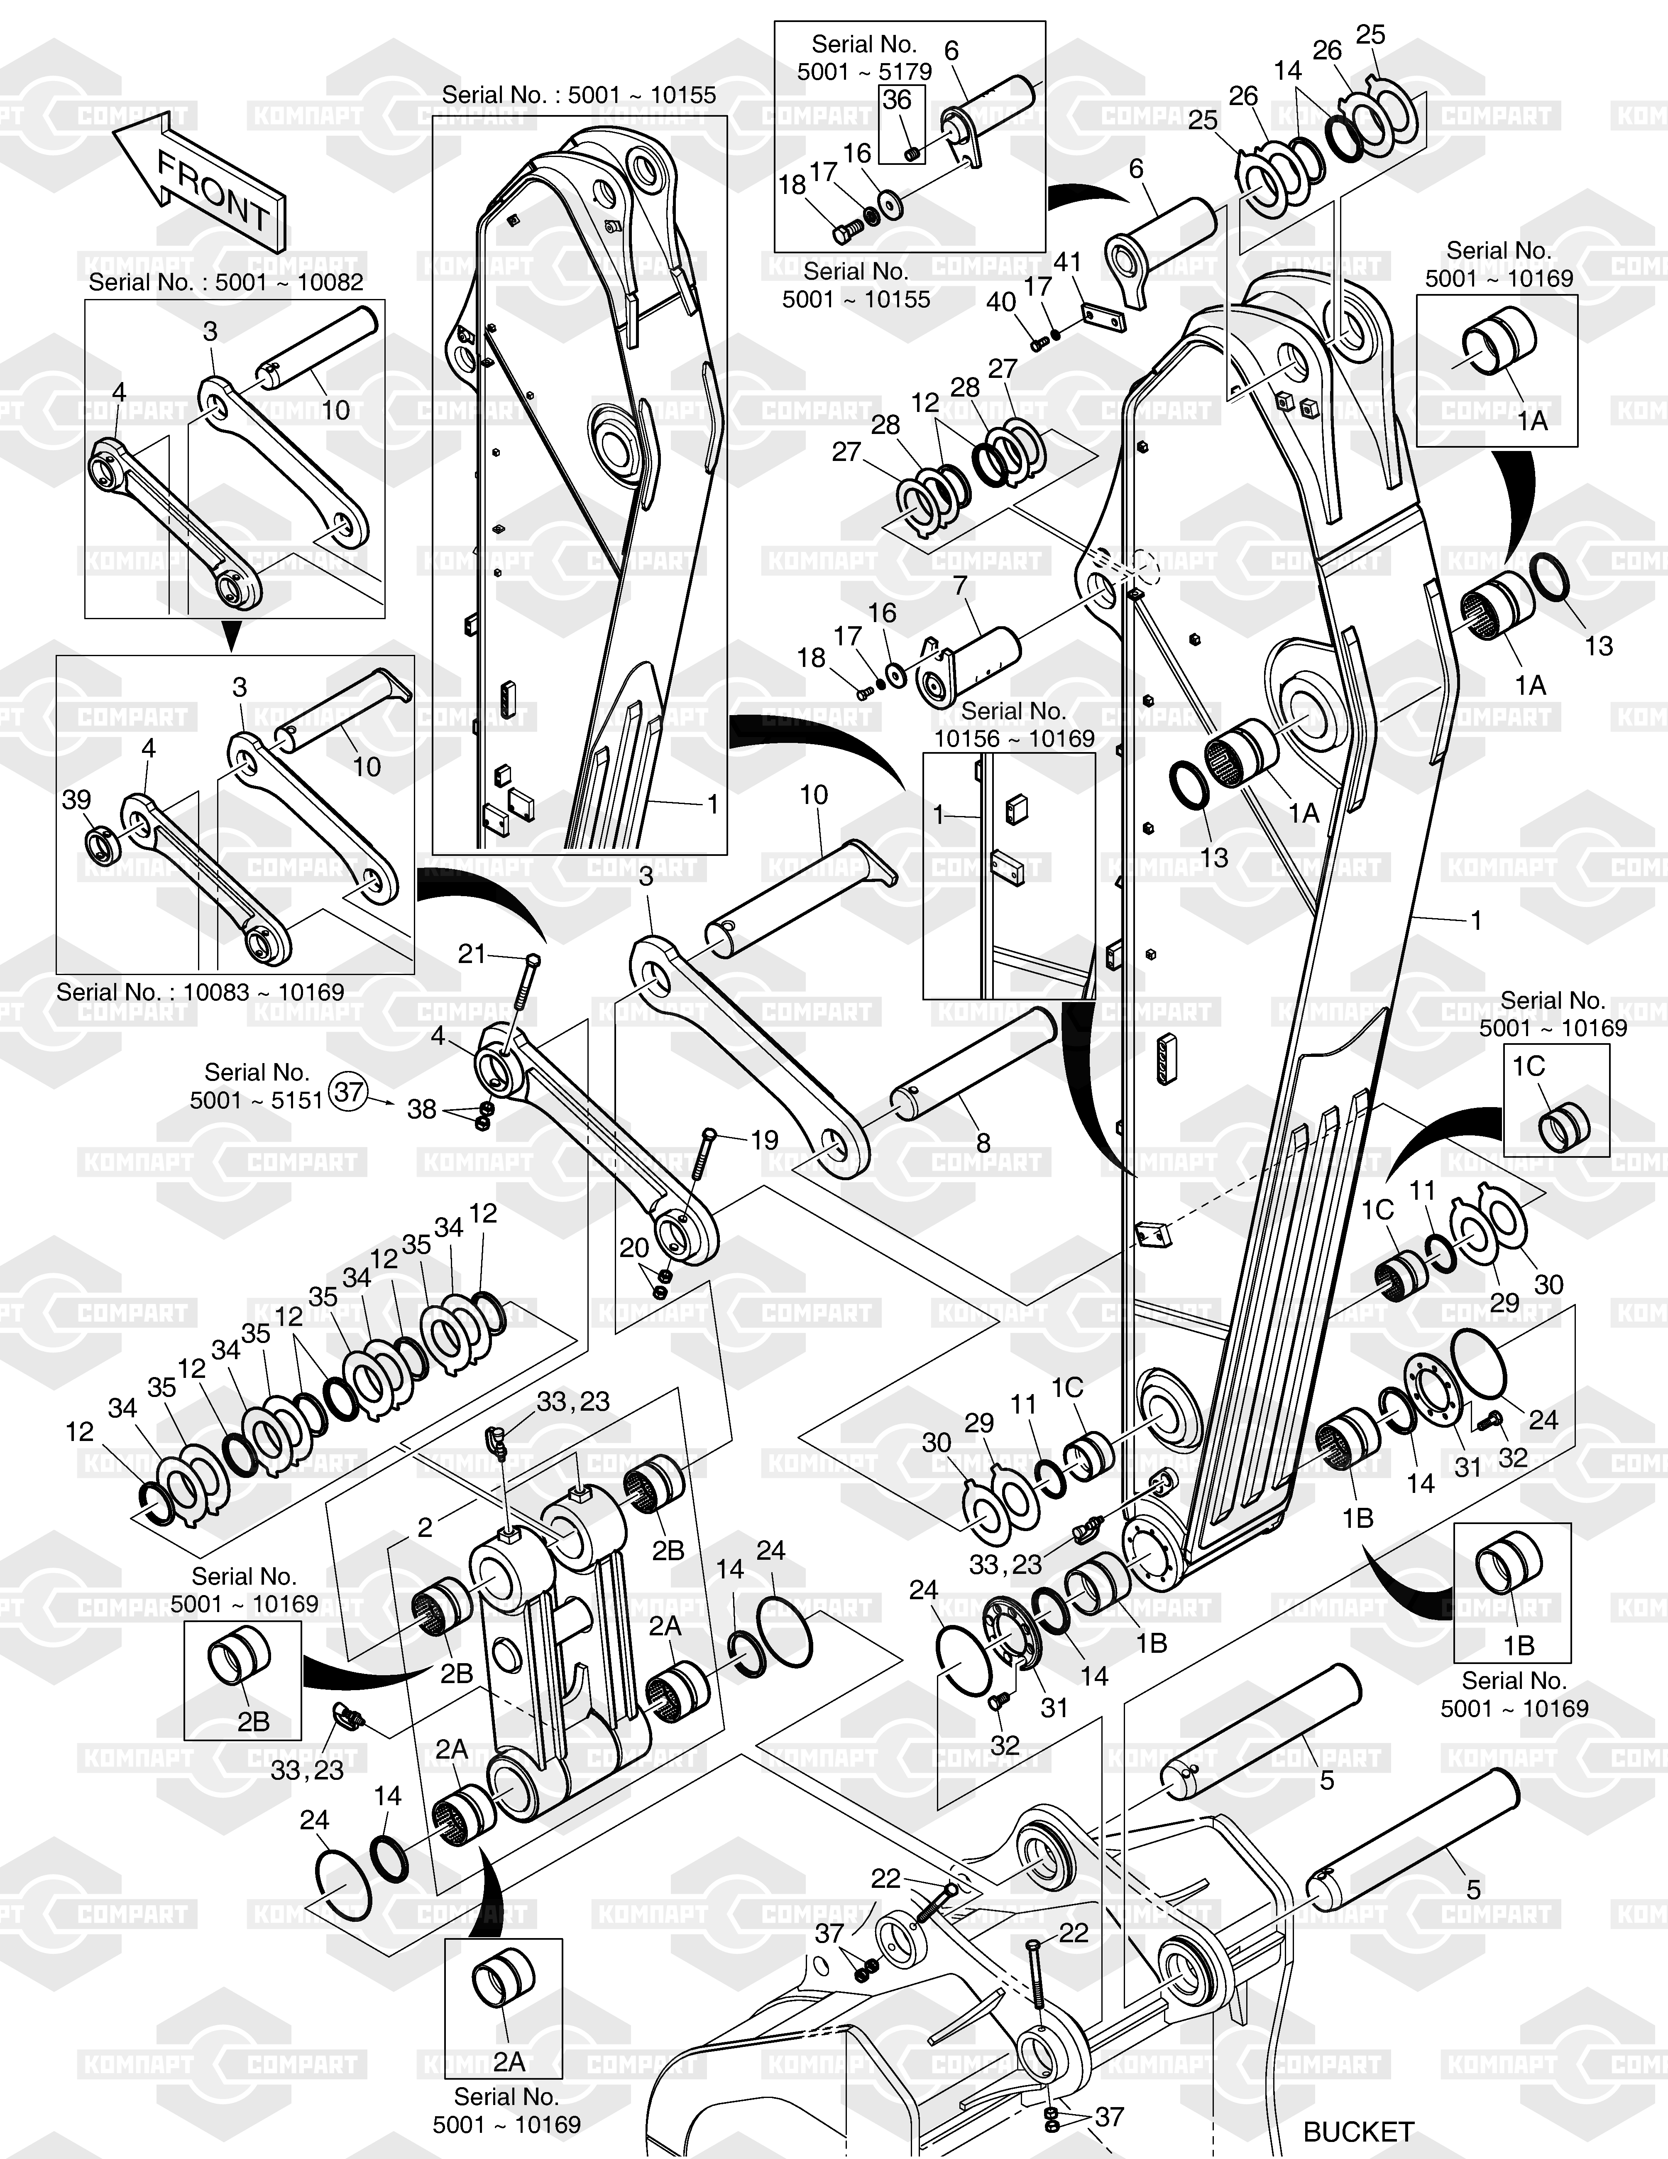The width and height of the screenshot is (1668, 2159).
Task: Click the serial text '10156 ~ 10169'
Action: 1014,738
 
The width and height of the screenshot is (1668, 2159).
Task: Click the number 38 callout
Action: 422,1109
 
